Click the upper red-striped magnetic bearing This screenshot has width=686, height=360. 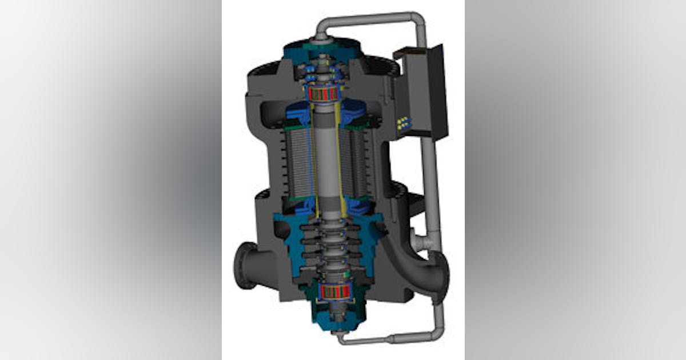(x=325, y=94)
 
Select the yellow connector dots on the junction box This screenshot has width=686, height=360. (x=404, y=122)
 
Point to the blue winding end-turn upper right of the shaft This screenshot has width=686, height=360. (x=354, y=111)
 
